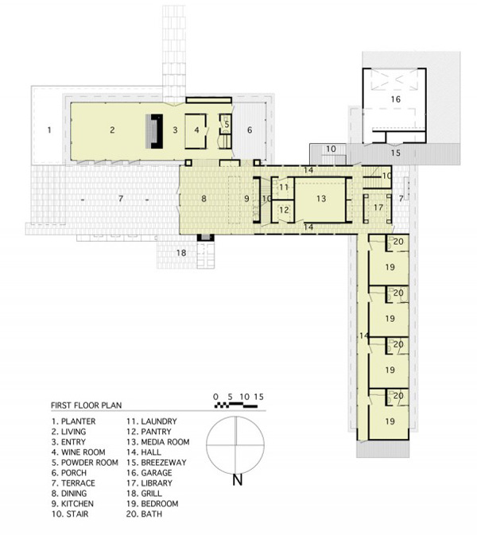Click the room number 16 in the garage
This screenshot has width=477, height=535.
click(395, 99)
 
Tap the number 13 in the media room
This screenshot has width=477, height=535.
click(321, 199)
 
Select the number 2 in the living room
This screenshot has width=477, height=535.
click(112, 130)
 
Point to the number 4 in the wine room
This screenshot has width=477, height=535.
click(196, 130)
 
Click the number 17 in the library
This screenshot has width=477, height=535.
click(378, 207)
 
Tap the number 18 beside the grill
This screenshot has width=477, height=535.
click(181, 253)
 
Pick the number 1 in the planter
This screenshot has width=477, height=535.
click(49, 130)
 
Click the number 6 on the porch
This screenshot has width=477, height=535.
click(250, 130)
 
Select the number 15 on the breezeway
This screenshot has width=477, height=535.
click(395, 153)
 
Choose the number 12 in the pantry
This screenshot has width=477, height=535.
click(284, 210)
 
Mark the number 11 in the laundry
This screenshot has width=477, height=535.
click(284, 187)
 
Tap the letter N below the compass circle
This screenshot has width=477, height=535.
click(238, 480)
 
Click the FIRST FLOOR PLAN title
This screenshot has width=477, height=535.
click(87, 405)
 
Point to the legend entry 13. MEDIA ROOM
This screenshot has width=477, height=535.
click(157, 442)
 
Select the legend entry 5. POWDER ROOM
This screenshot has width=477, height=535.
click(85, 463)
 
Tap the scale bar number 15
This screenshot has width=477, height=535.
click(259, 397)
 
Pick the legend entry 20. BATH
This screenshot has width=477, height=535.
click(144, 514)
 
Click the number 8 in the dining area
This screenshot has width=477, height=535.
click(204, 199)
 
